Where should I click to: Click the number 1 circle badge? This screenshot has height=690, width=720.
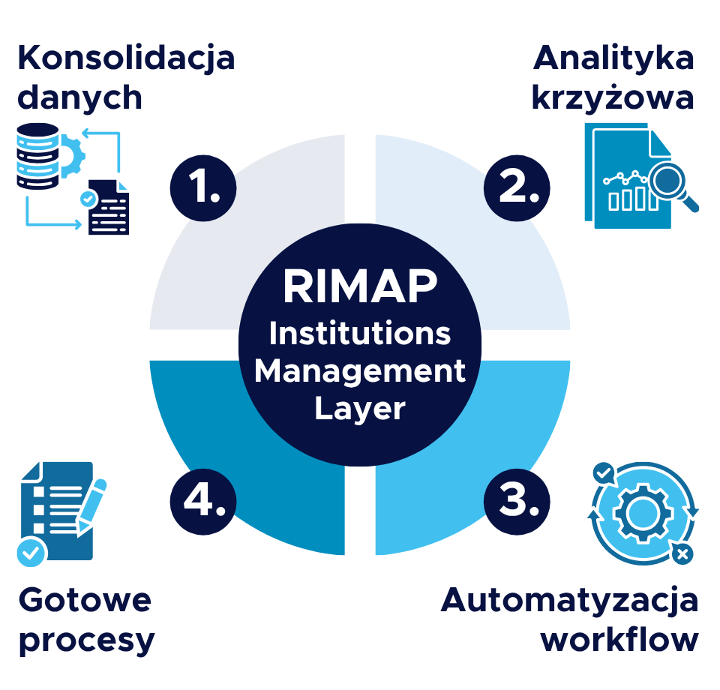tap(203, 188)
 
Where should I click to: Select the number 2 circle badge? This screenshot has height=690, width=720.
tap(517, 188)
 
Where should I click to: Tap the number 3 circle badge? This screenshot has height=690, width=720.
tap(517, 502)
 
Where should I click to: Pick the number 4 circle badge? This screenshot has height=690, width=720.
tap(203, 502)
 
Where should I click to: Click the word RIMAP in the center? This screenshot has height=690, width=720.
tap(361, 286)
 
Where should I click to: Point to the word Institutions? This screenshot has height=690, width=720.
tap(360, 333)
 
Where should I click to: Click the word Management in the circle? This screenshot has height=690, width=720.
tap(360, 371)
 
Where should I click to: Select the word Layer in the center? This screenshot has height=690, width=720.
tap(360, 409)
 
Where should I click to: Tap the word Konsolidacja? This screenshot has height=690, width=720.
tap(126, 58)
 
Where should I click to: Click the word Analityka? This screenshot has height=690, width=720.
tap(613, 58)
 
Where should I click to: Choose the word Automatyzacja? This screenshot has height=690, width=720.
tap(569, 601)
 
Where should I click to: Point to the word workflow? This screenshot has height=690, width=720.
tap(619, 639)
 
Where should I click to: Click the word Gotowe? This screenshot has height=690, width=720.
tap(85, 600)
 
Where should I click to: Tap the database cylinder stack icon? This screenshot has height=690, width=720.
tap(37, 156)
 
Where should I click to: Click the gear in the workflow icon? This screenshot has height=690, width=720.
tap(643, 513)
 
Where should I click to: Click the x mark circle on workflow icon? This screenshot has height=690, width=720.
tap(682, 553)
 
